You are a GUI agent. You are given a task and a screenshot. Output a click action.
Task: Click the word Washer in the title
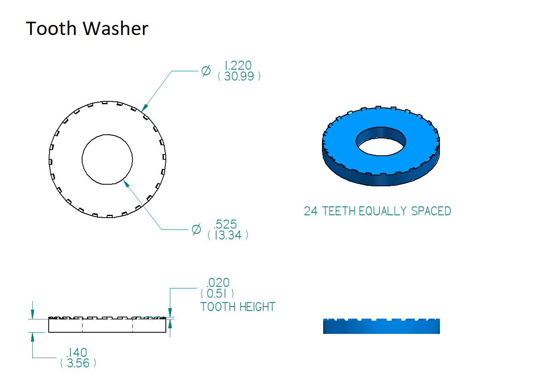pos(116,29)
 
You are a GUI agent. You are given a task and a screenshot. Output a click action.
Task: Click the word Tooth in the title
pos(51,29)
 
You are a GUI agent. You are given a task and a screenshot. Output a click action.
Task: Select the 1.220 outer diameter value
pos(238,66)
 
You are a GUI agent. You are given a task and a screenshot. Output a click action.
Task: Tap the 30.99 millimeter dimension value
pos(239,76)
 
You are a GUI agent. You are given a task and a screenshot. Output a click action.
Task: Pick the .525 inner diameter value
pos(225,224)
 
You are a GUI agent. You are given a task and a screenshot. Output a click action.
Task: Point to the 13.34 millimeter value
pos(228,235)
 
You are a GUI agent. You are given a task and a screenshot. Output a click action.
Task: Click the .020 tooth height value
pos(218,282)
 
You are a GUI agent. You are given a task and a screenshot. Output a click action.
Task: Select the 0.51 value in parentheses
pos(217,293)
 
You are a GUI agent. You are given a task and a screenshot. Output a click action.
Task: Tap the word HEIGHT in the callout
pos(257,307)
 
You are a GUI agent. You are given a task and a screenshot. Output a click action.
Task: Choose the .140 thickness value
pos(77,352)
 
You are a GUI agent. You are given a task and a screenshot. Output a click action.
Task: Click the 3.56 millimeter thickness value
pos(78,363)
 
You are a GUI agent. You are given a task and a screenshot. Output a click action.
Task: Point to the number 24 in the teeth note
pos(311,211)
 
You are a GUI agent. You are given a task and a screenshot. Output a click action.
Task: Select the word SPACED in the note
pos(431,211)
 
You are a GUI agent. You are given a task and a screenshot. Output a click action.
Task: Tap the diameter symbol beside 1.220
pos(206,71)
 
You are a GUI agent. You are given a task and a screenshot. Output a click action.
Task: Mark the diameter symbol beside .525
pos(196,229)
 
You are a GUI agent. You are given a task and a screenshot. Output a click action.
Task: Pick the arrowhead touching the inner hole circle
pos(126,183)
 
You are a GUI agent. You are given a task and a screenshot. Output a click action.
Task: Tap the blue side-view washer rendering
pos(382,326)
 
